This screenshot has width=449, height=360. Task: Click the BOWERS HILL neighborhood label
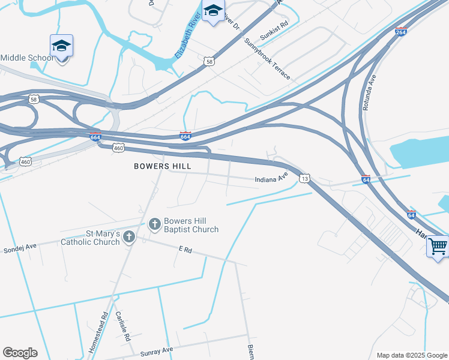[163, 166]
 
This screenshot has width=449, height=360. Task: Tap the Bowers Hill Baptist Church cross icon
[154, 224]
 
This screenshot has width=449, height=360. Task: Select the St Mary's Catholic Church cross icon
[128, 238]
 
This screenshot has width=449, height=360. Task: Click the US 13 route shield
[305, 179]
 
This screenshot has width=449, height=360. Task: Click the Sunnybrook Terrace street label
[268, 59]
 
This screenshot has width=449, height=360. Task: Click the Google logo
[20, 353]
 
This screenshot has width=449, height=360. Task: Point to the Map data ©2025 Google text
[411, 355]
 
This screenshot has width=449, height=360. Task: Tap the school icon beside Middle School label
[61, 46]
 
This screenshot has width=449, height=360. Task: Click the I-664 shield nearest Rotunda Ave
[401, 32]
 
